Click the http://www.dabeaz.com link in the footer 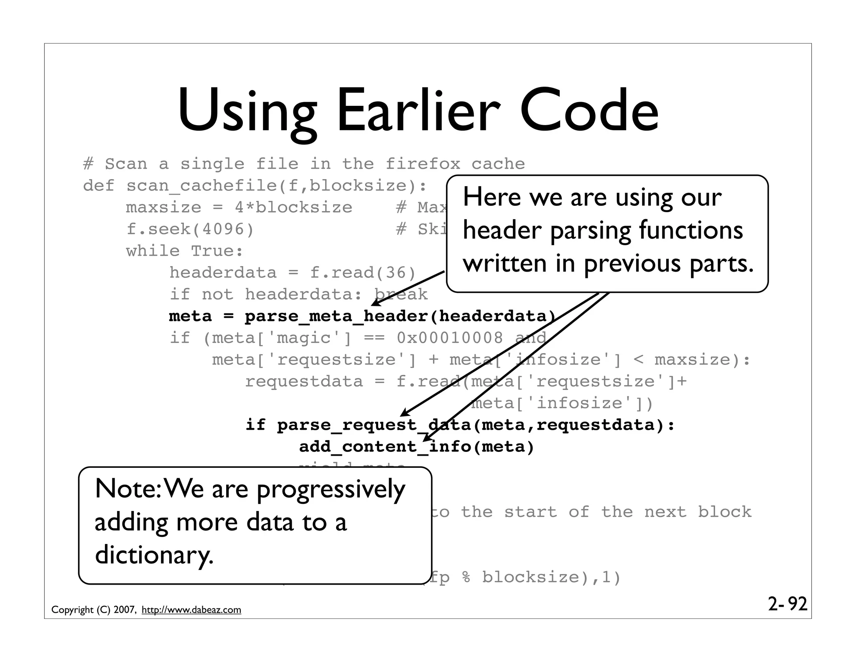191,610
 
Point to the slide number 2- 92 787,604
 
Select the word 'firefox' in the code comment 422,164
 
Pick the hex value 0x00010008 450,338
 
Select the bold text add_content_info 385,447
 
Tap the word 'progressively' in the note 331,490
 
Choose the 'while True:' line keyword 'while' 153,251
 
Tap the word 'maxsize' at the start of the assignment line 163,207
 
